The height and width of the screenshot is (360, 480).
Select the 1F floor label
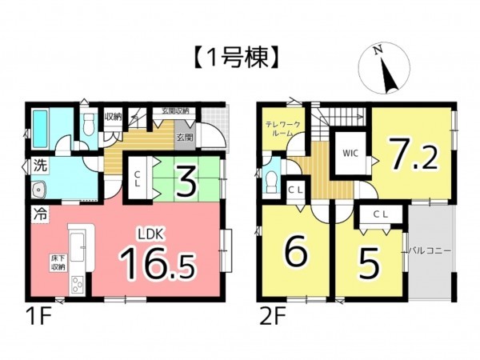(x=41, y=315)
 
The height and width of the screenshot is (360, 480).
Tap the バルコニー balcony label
(x=430, y=251)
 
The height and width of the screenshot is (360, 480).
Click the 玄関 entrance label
(x=185, y=137)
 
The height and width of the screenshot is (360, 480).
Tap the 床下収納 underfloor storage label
(x=58, y=263)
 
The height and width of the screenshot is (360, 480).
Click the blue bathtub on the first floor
(x=44, y=126)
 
